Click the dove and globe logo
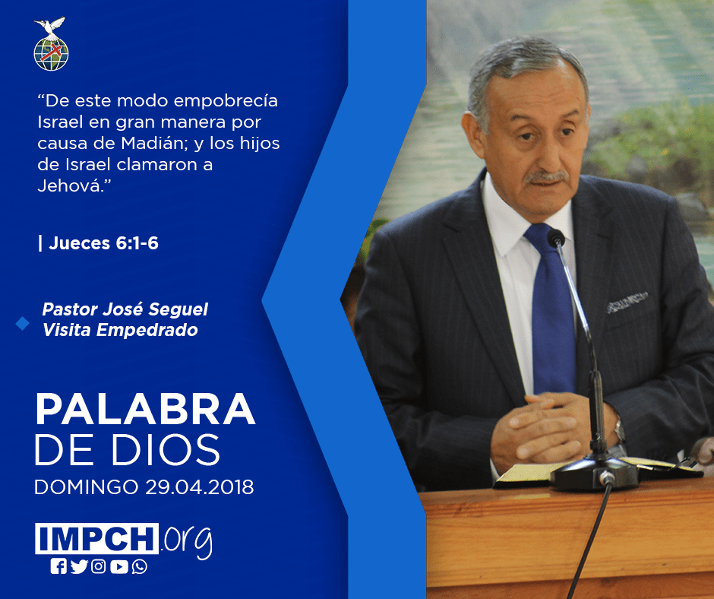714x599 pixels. click(51, 44)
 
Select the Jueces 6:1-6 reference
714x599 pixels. click(103, 243)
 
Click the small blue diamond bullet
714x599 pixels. click(22, 323)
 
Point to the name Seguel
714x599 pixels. click(178, 309)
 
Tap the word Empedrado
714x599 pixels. click(147, 330)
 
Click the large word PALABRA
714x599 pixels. click(145, 410)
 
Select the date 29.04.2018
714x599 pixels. click(200, 487)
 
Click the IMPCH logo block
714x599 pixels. click(96, 538)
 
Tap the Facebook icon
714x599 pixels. click(58, 566)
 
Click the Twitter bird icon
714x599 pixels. click(79, 566)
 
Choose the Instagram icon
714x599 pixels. click(98, 566)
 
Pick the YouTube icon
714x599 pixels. click(118, 566)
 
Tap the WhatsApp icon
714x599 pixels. click(139, 566)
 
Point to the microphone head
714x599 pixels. click(556, 238)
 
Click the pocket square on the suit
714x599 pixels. click(627, 302)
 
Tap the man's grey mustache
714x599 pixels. click(546, 176)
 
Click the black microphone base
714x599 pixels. click(595, 473)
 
